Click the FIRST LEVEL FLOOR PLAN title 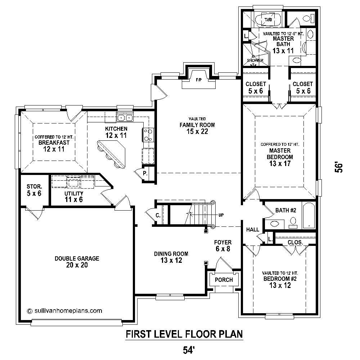184,334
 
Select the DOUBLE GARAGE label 77,262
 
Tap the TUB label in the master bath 268,19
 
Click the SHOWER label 255,60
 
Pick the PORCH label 224,280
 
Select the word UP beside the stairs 221,215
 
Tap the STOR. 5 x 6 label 34,190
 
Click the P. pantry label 145,174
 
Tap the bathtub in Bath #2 309,216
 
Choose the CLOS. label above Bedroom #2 295,242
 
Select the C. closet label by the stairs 158,216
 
